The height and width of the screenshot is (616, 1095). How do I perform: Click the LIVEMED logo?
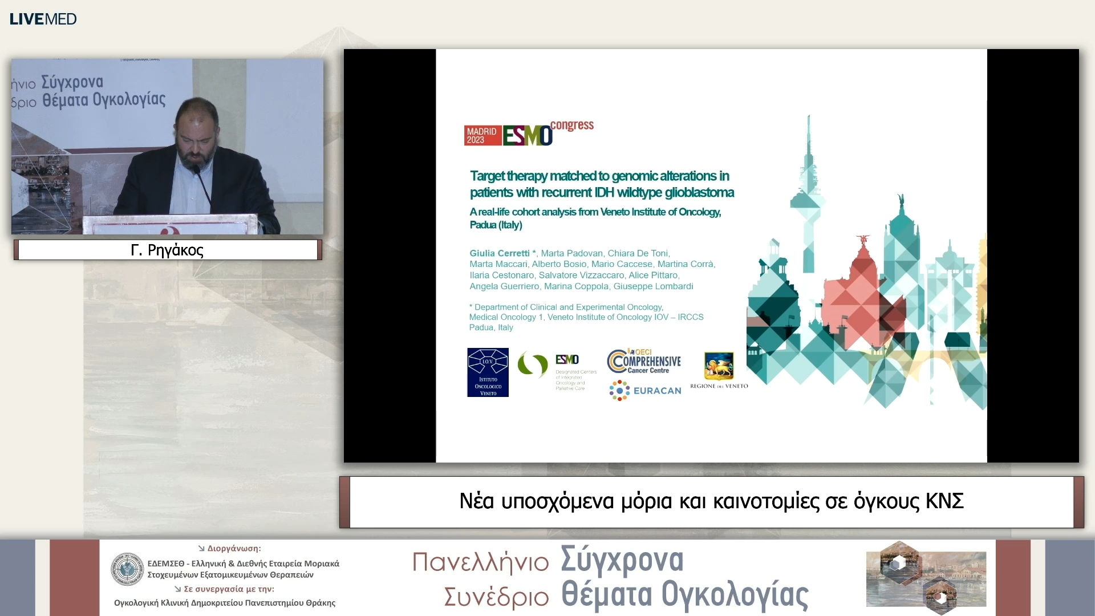click(x=43, y=19)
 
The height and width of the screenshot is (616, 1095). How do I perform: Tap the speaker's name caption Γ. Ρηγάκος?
click(x=167, y=250)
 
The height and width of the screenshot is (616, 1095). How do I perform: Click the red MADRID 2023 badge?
click(x=482, y=136)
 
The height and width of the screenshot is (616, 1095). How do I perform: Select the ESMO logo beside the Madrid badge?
click(x=528, y=136)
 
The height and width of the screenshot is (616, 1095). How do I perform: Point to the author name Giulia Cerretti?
click(x=500, y=253)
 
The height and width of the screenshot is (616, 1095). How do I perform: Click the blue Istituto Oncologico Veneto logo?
click(x=488, y=372)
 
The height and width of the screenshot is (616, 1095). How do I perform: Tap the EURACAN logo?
click(x=645, y=391)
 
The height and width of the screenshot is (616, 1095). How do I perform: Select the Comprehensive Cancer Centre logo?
click(x=644, y=361)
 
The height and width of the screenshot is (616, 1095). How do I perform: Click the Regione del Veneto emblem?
click(x=719, y=367)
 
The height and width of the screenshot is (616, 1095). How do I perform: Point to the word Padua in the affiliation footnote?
click(x=481, y=327)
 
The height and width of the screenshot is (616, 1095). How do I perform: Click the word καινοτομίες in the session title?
click(x=766, y=501)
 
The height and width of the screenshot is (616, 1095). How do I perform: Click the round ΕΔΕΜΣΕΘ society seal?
click(x=127, y=569)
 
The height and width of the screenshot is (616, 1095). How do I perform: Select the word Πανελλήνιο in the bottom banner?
click(x=480, y=562)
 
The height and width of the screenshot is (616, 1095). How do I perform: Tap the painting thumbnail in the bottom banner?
click(x=926, y=578)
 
